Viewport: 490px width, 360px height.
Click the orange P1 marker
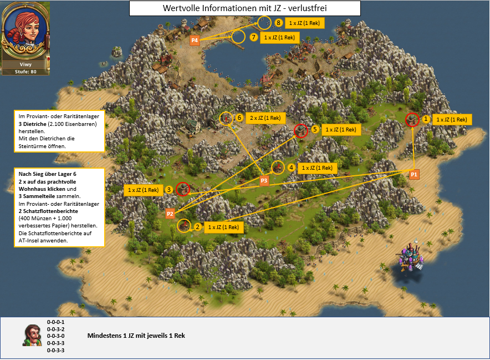[414, 174]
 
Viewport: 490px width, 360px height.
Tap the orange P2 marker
[170, 214]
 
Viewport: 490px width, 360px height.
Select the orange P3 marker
[264, 180]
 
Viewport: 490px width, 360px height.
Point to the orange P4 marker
[195, 40]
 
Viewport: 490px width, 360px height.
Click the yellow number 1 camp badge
[426, 119]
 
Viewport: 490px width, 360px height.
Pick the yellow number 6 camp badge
[239, 118]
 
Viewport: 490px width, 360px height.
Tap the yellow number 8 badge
[278, 23]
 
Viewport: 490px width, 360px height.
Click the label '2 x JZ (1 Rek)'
[266, 118]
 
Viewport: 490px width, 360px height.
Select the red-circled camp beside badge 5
[301, 130]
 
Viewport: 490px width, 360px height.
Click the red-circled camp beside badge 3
[183, 189]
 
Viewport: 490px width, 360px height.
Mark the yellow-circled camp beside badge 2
[184, 226]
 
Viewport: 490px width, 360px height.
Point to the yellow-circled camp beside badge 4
[278, 168]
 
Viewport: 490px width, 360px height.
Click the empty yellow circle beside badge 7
[238, 31]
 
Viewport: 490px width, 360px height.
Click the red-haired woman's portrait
[25, 31]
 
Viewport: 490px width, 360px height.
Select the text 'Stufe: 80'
[25, 72]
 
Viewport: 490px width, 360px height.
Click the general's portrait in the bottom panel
[33, 335]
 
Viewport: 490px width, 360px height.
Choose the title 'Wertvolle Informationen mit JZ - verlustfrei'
[244, 8]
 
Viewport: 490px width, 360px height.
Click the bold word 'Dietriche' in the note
[34, 124]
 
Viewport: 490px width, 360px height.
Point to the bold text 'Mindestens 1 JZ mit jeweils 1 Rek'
[136, 336]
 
